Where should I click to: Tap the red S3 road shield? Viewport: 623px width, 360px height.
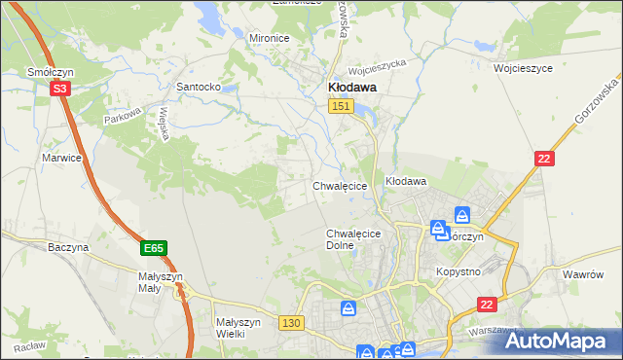click(60, 88)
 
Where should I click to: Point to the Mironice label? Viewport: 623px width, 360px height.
click(270, 37)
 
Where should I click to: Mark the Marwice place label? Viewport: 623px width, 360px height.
click(59, 157)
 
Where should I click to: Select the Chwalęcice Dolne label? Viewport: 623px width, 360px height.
click(352, 239)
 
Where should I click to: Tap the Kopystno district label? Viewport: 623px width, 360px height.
click(458, 271)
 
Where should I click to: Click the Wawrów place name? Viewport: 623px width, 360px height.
click(584, 274)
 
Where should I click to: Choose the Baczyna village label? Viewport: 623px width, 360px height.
click(68, 247)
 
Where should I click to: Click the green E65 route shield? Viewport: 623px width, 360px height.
click(153, 249)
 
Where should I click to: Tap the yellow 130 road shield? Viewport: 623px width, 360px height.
click(290, 322)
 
